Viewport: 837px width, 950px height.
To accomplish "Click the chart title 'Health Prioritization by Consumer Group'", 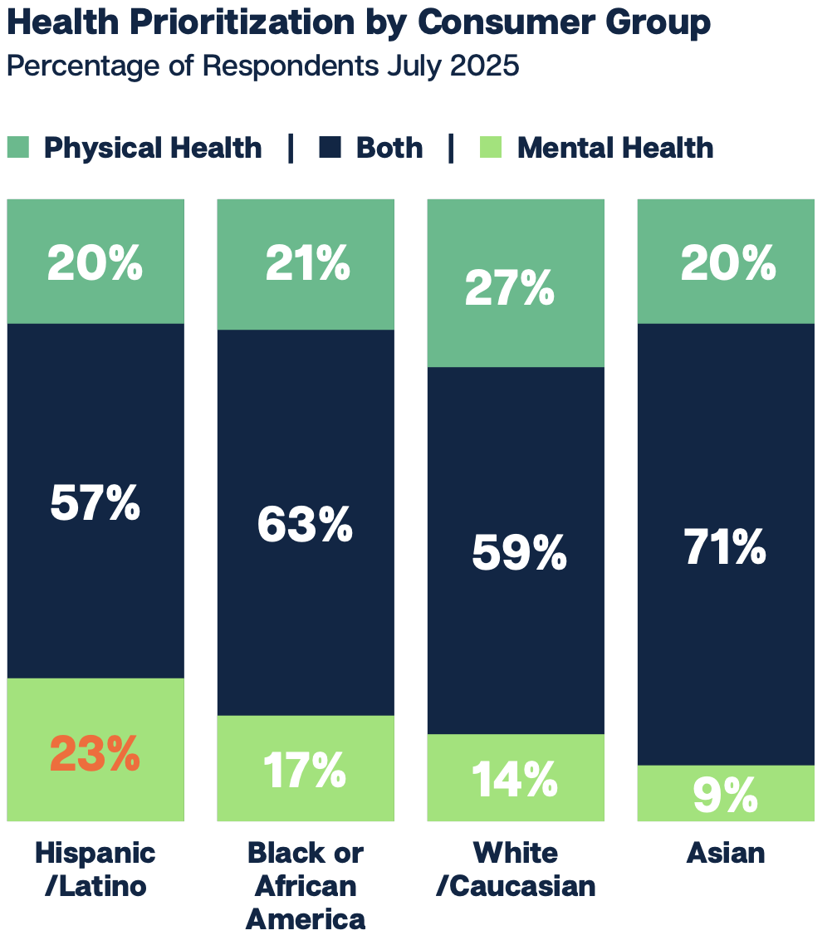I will [358, 22].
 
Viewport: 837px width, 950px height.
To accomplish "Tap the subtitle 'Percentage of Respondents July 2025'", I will [262, 66].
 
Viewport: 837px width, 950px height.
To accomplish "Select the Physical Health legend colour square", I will [18, 149].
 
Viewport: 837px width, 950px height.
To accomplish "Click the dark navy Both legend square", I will [330, 149].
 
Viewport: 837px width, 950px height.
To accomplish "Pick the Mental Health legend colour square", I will [492, 149].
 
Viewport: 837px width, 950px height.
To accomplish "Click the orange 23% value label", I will [95, 754].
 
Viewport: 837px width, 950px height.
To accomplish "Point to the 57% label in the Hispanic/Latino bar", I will [95, 503].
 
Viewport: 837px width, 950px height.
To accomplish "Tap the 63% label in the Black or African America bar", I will [305, 525].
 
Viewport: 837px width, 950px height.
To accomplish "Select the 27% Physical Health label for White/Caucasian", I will [509, 288].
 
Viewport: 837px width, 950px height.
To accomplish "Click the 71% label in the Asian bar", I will [725, 548].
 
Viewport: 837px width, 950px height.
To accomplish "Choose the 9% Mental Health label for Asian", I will [725, 795].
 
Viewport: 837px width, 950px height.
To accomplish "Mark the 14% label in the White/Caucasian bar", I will [515, 778].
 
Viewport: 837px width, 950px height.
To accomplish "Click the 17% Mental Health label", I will [305, 771].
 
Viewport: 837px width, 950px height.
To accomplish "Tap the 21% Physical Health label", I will [307, 264].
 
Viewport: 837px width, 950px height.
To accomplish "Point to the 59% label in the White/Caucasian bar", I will [519, 552].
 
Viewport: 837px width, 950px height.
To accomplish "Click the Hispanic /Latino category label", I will [95, 869].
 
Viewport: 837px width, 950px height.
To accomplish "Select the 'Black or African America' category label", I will [306, 885].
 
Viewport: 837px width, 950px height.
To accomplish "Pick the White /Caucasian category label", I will [516, 869].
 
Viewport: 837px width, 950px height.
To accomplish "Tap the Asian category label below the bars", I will [726, 853].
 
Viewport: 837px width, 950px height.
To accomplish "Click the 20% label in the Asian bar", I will [728, 264].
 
